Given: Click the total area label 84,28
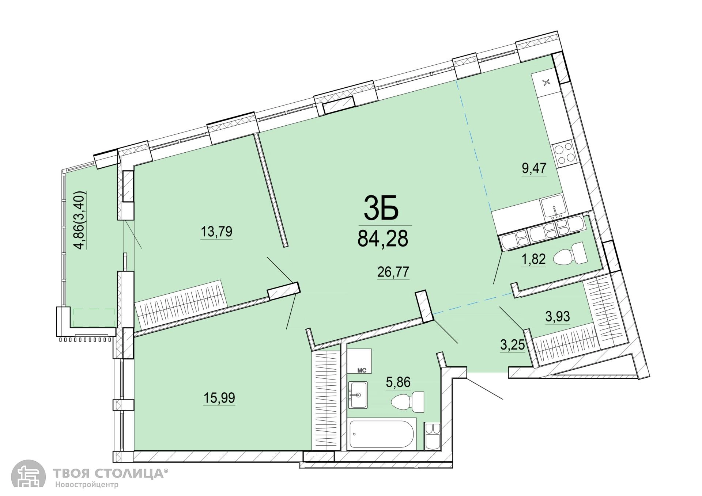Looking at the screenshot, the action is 382,239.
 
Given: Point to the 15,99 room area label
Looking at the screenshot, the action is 219,397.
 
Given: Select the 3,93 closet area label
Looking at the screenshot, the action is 558,316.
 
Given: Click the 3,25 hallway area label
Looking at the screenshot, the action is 513,345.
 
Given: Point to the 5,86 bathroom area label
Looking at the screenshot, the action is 398,382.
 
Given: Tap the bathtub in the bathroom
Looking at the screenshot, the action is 381,435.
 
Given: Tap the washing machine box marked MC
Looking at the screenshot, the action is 359,361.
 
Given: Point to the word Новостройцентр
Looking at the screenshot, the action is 87,485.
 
